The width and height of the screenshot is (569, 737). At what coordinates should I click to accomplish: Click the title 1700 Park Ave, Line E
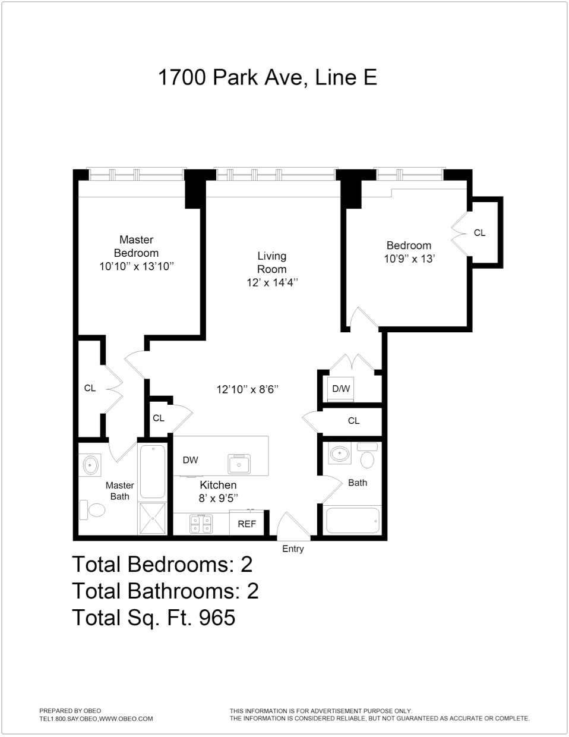coord(267,77)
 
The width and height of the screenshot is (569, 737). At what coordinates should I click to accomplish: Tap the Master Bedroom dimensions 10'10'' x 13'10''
coord(137,266)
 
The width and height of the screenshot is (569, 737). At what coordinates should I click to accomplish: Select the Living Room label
coord(271,262)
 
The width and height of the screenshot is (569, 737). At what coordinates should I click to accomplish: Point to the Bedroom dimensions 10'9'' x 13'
coord(409,259)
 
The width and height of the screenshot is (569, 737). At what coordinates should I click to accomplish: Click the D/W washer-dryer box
coord(341,389)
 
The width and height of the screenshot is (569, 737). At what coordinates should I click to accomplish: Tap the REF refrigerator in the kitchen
coord(247,524)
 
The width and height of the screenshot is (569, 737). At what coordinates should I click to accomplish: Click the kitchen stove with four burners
coord(201,524)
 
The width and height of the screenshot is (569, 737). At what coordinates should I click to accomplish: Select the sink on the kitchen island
coord(241,463)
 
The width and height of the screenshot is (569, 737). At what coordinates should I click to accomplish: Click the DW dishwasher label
coord(190,459)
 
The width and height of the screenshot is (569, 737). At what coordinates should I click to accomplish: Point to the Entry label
coord(293,549)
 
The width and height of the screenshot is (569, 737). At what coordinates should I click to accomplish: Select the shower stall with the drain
coord(153,518)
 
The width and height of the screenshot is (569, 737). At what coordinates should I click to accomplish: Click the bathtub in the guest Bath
coord(351,520)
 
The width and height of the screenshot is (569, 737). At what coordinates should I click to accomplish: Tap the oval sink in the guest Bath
coord(340,454)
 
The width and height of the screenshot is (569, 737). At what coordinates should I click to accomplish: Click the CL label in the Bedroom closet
coord(479,233)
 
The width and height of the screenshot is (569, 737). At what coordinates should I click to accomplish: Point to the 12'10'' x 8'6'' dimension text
coord(248,390)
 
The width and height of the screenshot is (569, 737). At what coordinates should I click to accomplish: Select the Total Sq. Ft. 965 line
coord(153,618)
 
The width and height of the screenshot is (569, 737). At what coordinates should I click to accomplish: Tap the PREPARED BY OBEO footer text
coord(70,710)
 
